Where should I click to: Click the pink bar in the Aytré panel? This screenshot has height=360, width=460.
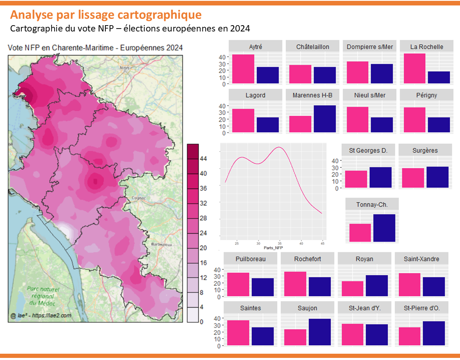(243, 69)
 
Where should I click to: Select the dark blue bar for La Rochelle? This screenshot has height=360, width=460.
(439, 78)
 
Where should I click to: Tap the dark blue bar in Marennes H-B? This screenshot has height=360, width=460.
(325, 119)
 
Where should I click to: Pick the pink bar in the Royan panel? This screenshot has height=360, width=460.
(352, 289)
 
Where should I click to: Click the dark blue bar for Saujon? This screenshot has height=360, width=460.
(320, 332)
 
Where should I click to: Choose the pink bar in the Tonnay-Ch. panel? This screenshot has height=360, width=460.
(360, 233)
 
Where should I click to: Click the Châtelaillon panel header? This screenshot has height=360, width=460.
(312, 47)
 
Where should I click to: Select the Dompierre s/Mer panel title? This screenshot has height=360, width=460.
(370, 47)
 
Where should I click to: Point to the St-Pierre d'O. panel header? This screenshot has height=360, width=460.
(422, 308)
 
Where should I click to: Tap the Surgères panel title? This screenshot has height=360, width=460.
(425, 150)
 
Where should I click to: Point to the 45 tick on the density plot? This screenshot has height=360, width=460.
(322, 243)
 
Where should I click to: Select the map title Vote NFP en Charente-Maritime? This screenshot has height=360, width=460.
(95, 48)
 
